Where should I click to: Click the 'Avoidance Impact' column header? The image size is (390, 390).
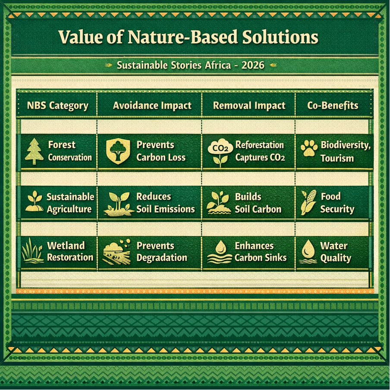152,106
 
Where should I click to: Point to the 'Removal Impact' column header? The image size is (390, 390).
249,106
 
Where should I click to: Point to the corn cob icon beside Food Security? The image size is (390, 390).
309,202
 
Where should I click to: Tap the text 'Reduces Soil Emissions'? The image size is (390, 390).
165,203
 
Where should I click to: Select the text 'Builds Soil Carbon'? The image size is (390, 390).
258,203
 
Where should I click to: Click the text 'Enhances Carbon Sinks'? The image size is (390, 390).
260,252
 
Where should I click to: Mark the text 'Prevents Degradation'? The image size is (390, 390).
161,252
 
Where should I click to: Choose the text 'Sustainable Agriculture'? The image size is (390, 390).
69,203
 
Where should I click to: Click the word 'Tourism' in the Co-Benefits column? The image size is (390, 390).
337,158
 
